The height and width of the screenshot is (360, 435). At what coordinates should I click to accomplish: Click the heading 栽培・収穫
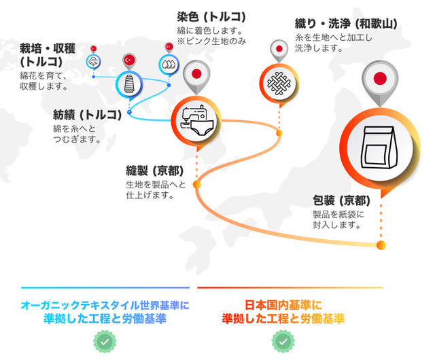(x=48, y=49)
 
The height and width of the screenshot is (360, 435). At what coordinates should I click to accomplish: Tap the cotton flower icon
(x=93, y=62)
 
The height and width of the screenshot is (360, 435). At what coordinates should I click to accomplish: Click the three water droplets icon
(x=169, y=65)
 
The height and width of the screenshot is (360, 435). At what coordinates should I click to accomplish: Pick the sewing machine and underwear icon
(x=196, y=121)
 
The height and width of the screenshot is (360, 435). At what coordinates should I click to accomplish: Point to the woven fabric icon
(x=279, y=83)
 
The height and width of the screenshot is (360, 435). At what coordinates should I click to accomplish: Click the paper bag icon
(x=379, y=147)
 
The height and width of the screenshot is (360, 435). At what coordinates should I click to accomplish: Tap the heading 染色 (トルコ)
(x=211, y=17)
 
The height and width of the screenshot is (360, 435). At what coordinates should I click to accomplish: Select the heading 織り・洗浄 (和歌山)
(x=346, y=24)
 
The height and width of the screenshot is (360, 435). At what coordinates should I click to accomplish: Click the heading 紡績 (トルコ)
(x=88, y=115)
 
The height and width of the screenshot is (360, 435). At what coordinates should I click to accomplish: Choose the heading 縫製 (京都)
(x=155, y=170)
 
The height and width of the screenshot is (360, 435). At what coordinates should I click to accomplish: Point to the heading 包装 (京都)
(x=341, y=200)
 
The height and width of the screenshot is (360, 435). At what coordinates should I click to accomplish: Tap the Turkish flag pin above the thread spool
(x=129, y=62)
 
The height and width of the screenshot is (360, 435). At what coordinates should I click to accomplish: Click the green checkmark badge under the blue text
(x=105, y=342)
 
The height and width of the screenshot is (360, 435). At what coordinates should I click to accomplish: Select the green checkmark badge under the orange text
(x=283, y=342)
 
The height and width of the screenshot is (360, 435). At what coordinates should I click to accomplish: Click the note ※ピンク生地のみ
(x=211, y=41)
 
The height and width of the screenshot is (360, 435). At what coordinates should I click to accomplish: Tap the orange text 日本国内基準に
(x=283, y=305)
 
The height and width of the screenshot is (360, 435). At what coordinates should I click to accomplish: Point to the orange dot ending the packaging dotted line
(x=381, y=245)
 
